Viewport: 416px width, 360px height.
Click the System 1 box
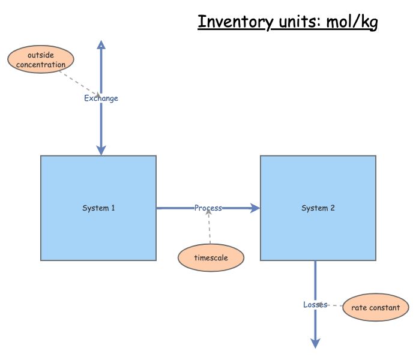pos(98,180)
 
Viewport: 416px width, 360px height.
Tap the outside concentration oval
pos(41,60)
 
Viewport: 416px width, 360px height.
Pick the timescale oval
pos(211,257)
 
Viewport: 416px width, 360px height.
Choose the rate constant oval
pos(375,308)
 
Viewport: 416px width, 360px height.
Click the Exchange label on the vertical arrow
pos(101,98)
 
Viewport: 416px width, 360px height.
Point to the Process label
pos(208,208)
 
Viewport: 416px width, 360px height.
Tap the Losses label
pos(315,305)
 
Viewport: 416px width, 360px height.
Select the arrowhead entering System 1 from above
pos(101,150)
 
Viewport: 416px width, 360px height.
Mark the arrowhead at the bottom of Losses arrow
pos(315,343)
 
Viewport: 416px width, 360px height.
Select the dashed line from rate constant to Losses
pos(333,306)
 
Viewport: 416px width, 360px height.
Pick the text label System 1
pos(98,208)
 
